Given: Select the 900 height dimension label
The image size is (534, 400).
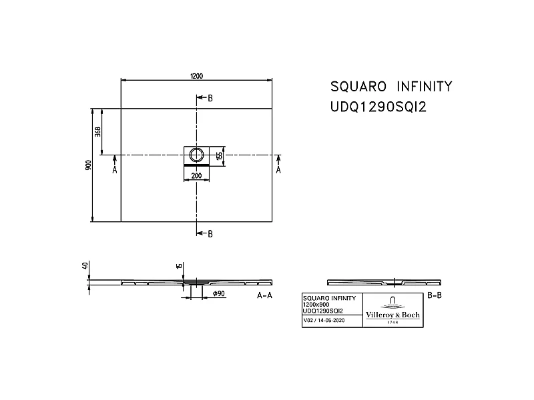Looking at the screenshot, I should [88, 165].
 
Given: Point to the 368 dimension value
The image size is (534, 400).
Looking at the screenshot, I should [97, 131].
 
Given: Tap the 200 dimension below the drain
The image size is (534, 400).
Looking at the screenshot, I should [196, 176].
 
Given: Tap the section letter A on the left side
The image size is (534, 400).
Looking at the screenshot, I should [115, 170].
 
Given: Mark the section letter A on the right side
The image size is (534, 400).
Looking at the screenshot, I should [279, 170].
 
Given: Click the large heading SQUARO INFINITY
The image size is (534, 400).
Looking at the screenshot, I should [392, 87].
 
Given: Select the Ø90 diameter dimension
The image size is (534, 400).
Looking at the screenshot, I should [218, 293].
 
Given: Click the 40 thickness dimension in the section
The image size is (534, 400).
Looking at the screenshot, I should [85, 265].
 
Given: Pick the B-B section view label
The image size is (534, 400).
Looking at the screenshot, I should [434, 295].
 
